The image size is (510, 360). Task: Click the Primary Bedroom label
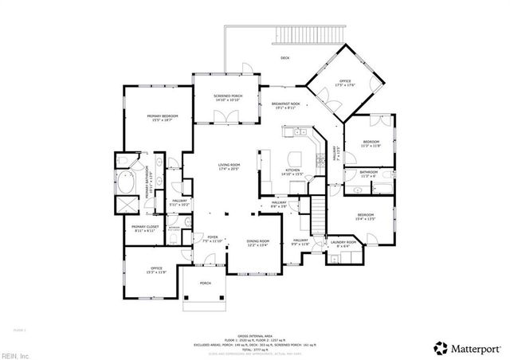coord(160,118)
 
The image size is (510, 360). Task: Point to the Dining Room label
coord(258,243)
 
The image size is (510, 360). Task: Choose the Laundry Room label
coord(344,244)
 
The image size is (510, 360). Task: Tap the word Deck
coord(284,58)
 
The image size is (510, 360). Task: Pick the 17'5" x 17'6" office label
coord(345,83)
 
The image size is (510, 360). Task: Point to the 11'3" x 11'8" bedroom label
coord(371,144)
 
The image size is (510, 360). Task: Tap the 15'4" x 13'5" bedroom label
coord(366,217)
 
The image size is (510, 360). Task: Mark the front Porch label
coord(206,284)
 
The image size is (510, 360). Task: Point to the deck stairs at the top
coord(307,35)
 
